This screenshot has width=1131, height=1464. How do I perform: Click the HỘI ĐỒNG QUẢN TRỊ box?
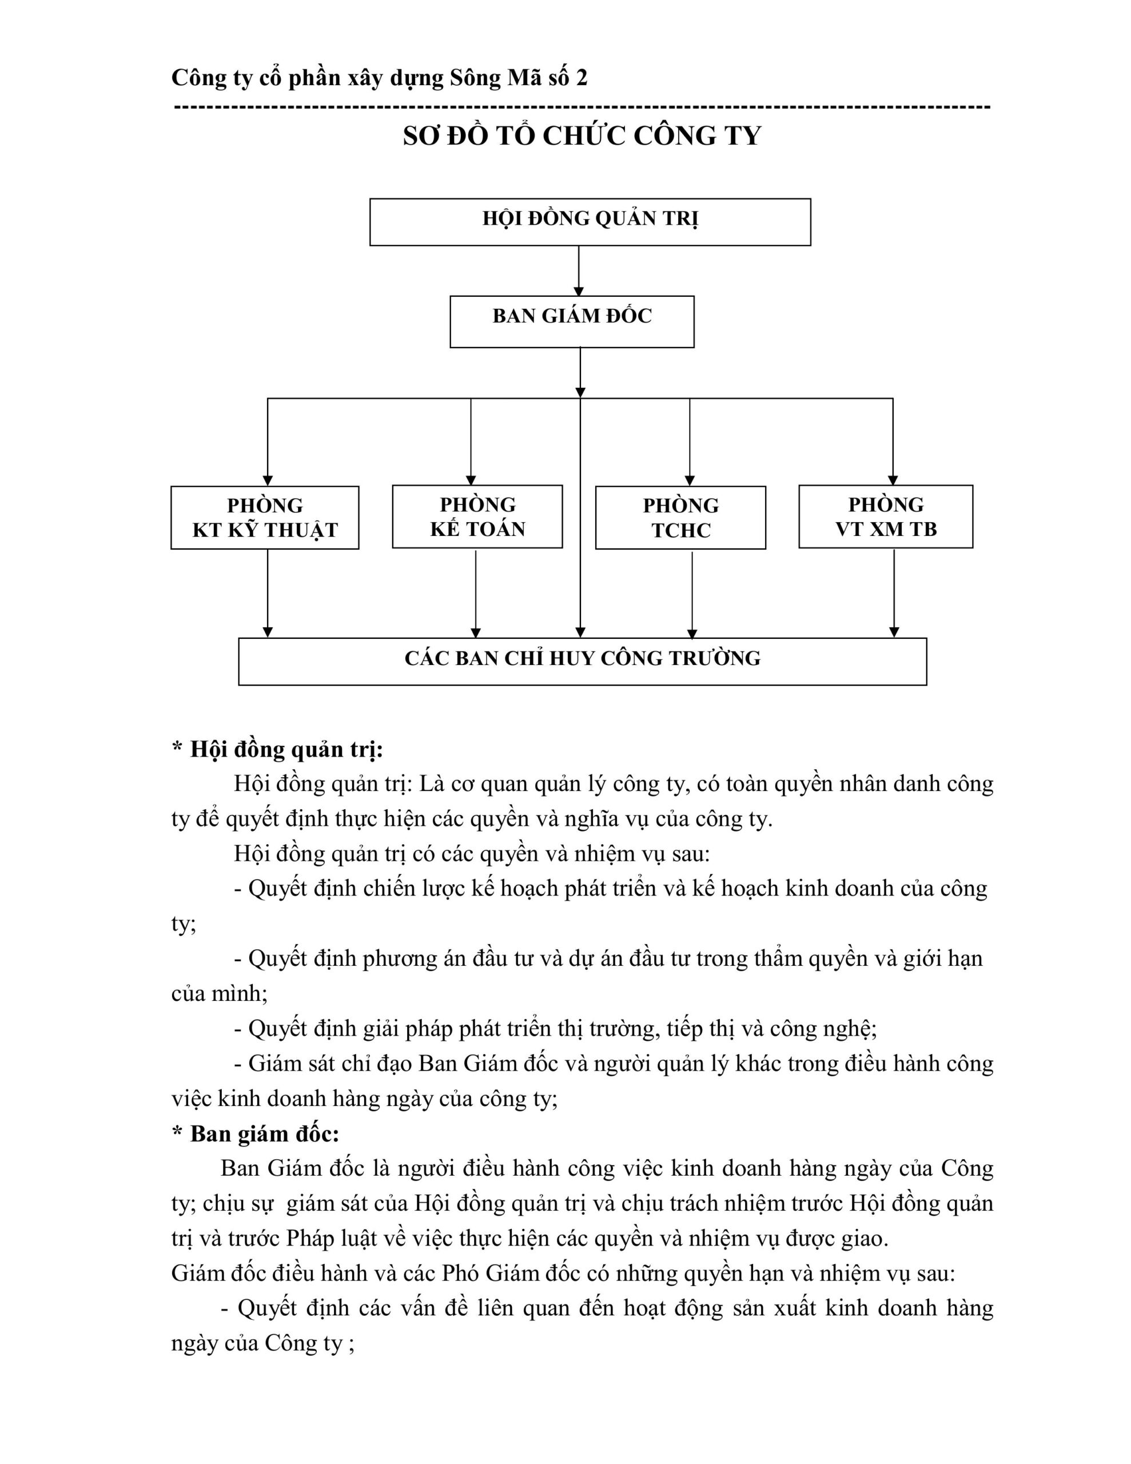(590, 222)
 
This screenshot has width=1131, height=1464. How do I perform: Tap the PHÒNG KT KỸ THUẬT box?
(265, 518)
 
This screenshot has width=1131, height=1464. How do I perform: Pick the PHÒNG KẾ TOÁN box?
(477, 517)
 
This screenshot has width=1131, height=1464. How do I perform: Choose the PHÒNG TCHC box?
(680, 518)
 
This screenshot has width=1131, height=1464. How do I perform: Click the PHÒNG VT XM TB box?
(885, 517)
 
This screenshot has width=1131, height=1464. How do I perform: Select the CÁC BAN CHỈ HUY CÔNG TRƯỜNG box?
(582, 661)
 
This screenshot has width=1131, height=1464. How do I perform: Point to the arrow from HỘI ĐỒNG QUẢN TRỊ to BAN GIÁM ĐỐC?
(579, 270)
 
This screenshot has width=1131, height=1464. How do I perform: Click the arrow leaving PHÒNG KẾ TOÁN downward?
(475, 592)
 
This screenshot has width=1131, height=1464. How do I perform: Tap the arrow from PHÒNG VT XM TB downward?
(893, 592)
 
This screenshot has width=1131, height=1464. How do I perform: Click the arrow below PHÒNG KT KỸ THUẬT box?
(268, 592)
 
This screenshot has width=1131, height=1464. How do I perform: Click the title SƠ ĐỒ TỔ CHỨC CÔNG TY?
(582, 136)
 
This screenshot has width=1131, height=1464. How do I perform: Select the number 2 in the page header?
(582, 78)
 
